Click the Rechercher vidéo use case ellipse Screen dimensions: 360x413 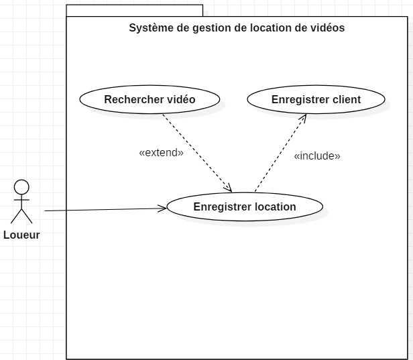[150, 99]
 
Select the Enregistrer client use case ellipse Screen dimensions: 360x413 [316, 99]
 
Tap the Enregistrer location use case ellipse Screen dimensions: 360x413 [245, 206]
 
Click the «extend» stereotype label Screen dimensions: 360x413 [161, 152]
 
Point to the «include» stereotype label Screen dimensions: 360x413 [317, 156]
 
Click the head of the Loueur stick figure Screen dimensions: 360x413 [22, 187]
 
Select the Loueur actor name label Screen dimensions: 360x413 [21, 235]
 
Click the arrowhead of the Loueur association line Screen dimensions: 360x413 [162, 208]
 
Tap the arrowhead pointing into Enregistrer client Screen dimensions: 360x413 [303, 118]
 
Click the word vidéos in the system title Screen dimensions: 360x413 [327, 28]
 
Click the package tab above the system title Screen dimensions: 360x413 [134, 10]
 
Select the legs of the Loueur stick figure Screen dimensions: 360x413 [21, 215]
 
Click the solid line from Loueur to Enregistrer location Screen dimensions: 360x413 [101, 210]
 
